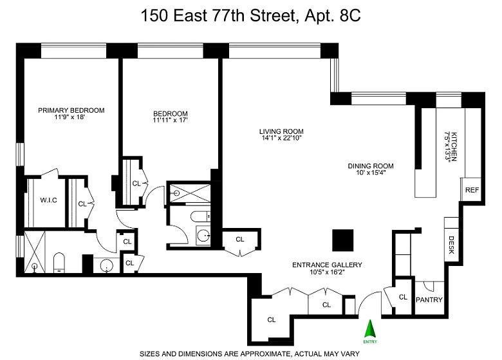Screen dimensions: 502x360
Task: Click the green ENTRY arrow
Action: coord(370,328)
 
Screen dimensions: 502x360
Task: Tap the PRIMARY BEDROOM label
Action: coord(71,111)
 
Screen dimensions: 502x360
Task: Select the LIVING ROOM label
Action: coord(281,131)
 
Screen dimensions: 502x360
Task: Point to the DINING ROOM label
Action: coord(371,166)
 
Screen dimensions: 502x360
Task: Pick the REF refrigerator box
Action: coord(470,189)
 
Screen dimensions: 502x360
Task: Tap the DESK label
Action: coord(451,245)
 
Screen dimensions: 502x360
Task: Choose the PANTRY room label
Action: coord(429,300)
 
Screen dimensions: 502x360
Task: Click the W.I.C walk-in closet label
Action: coord(49,200)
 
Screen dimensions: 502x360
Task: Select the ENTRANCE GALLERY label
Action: coord(327,265)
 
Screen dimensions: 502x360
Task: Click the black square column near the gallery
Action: coord(342,240)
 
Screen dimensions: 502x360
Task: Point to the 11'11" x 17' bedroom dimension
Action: coord(170,120)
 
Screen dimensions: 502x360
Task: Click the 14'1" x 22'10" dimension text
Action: coord(281,138)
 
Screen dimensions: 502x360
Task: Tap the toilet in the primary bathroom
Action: coord(59,262)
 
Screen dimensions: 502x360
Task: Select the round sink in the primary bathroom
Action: coord(107,265)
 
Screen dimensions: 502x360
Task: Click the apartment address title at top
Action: coord(251,15)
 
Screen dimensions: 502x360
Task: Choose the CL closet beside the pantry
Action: coord(403,298)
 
